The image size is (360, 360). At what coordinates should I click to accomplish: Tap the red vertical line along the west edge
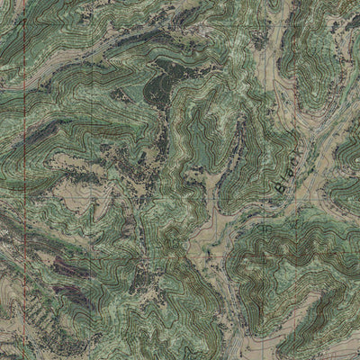click(21, 180)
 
